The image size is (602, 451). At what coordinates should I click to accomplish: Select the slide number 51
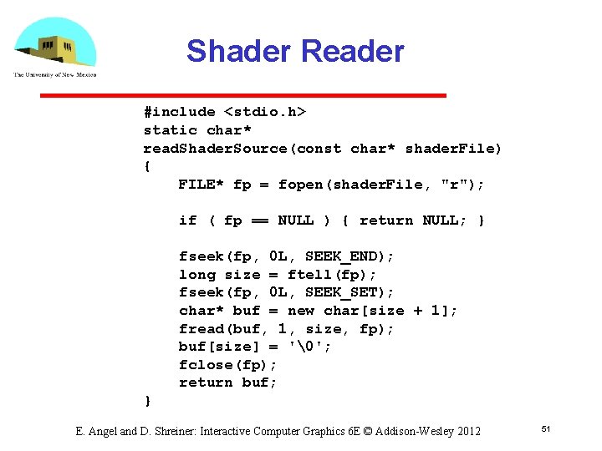coord(546,429)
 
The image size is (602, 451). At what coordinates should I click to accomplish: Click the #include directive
coord(179,112)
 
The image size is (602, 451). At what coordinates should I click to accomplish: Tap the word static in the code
coord(170,130)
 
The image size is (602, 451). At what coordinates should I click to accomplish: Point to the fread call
coord(202,329)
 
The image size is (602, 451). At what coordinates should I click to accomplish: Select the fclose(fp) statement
coord(227,365)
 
